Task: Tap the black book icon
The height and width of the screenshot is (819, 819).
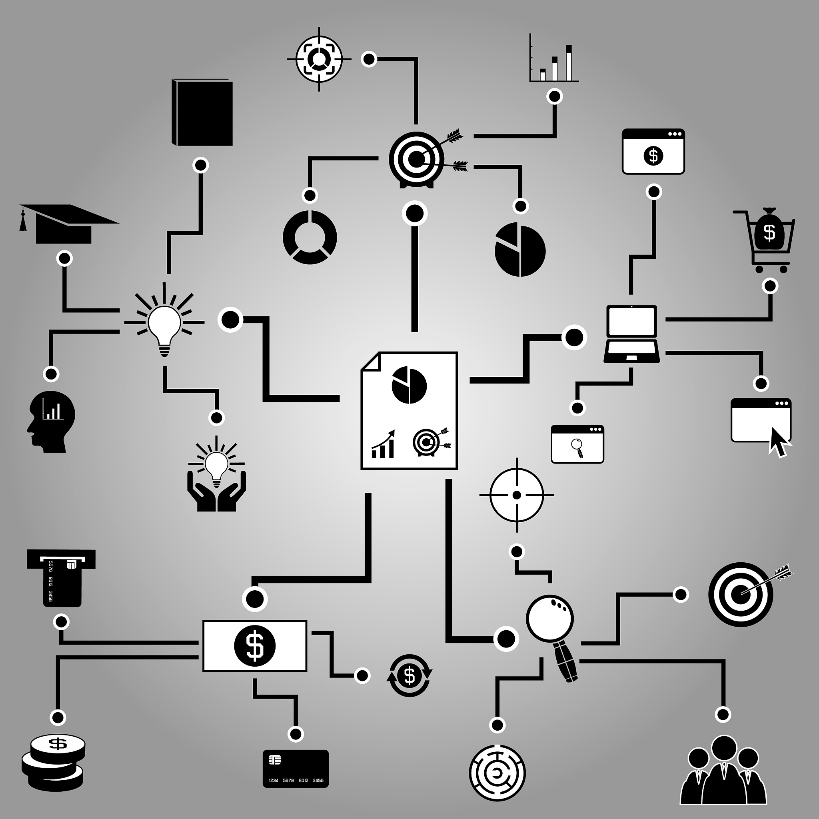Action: [x=202, y=113]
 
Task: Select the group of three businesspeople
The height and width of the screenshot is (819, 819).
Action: [x=723, y=775]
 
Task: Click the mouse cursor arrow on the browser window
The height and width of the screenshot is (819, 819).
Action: [x=779, y=442]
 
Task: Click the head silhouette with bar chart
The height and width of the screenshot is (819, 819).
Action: [x=51, y=421]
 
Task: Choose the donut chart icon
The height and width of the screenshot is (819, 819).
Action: [x=310, y=238]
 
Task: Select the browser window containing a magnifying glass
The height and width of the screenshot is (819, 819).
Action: [x=577, y=444]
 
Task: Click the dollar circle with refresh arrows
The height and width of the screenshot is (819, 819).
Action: [x=409, y=676]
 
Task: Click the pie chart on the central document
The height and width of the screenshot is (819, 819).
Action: [x=409, y=386]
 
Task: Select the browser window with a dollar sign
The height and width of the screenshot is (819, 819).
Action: [x=653, y=151]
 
